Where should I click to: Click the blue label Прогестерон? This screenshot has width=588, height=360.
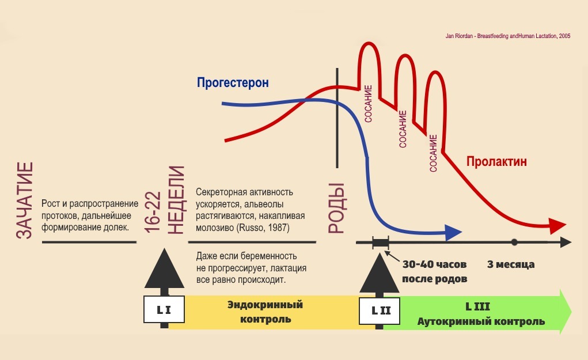233,82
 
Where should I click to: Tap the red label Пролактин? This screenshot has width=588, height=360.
496,161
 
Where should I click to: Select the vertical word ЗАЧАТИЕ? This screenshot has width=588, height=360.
24,200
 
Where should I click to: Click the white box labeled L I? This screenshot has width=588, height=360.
164,310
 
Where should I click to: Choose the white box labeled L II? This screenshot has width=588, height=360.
380,310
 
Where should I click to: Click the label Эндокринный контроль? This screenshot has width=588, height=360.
264,311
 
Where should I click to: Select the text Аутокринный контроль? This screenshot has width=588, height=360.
481,321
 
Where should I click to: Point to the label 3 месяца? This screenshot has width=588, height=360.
511,264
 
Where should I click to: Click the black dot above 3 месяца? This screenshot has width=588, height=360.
514,242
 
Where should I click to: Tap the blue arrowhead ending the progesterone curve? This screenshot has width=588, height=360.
454,233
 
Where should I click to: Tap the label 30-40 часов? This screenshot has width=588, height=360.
434,264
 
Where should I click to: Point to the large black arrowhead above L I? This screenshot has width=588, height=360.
165,268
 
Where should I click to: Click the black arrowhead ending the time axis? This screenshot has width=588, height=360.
567,242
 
